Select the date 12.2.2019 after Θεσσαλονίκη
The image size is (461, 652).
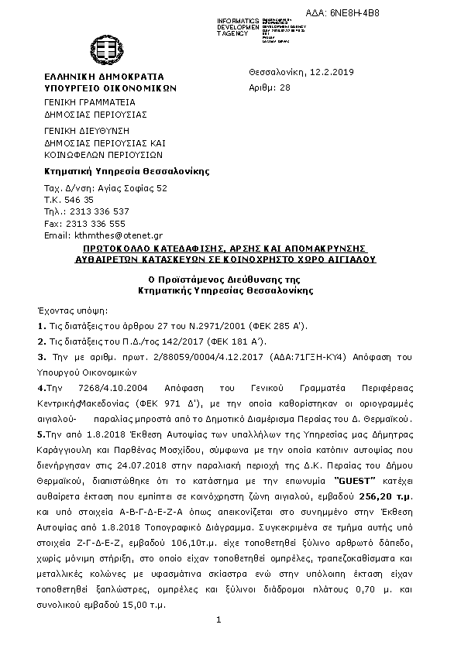tap(332, 72)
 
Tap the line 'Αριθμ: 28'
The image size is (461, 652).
tap(270, 88)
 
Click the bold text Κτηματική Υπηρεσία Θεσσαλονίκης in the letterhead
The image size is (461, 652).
tap(126, 171)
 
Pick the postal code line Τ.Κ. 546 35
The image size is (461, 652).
tap(69, 200)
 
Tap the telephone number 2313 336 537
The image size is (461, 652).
tap(98, 211)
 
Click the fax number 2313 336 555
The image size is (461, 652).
tap(97, 223)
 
